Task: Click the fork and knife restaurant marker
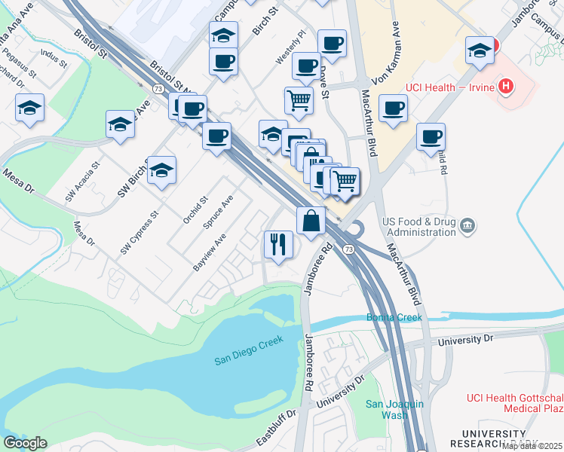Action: click(x=277, y=244)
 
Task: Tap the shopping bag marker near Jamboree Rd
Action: click(x=311, y=221)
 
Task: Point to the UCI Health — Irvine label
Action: click(x=448, y=87)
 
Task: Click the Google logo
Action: click(x=25, y=443)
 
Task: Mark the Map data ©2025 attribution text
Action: click(x=532, y=446)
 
